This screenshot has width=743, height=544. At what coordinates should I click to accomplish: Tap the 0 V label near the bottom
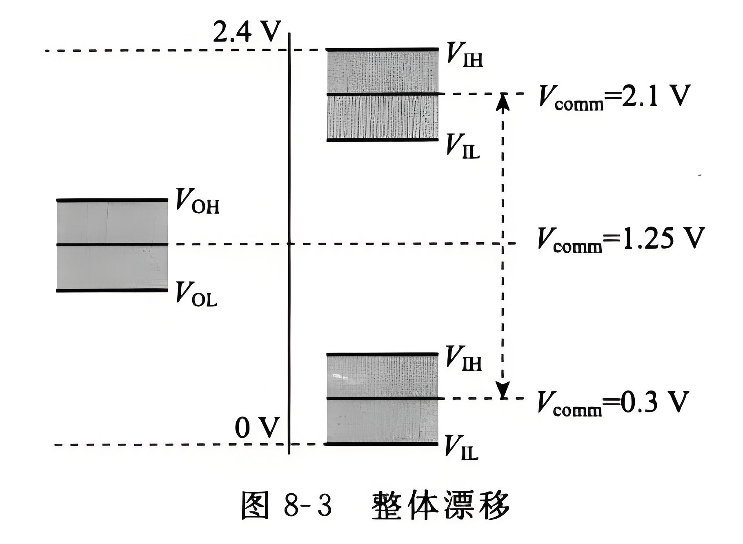tap(257, 428)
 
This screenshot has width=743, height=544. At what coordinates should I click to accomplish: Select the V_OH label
tap(197, 201)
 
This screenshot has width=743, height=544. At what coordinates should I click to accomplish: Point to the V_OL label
tap(196, 294)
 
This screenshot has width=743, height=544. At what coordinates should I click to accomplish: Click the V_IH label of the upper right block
tap(464, 54)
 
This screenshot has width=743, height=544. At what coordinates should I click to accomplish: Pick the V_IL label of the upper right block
tap(463, 146)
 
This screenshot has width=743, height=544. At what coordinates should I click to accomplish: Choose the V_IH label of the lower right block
tap(463, 358)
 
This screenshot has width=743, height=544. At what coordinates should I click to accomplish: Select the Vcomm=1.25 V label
tap(621, 239)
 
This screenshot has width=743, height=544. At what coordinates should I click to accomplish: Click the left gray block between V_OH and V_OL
tap(112, 245)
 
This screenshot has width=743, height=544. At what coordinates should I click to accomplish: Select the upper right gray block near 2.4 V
tap(382, 95)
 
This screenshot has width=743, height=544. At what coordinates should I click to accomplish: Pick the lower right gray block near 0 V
tap(382, 399)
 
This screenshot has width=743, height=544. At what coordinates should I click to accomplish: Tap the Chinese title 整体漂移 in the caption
tap(441, 506)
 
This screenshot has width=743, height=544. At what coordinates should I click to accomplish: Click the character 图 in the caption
tap(255, 506)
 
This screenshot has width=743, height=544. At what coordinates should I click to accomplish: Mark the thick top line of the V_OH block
tap(112, 200)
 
